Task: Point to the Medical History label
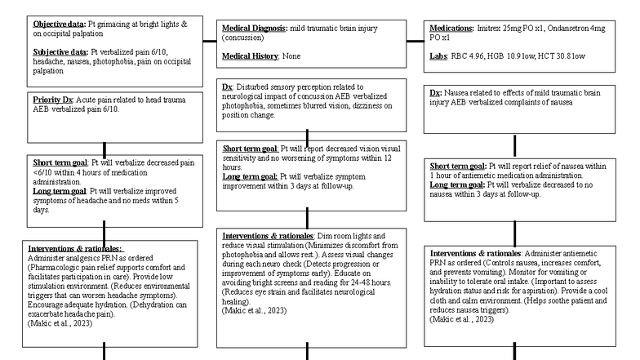click(x=250, y=55)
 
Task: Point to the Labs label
click(x=438, y=55)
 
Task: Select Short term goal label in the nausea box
click(x=458, y=167)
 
